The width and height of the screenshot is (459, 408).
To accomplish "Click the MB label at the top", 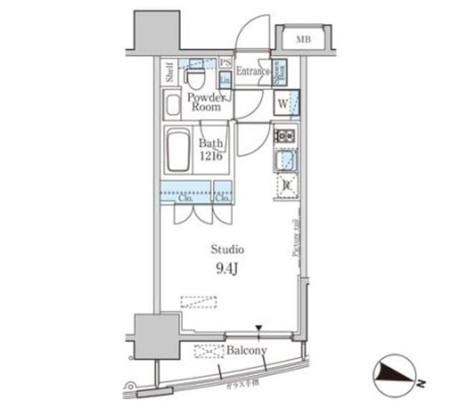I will click(304, 39).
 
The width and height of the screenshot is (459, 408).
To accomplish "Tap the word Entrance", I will click(252, 71).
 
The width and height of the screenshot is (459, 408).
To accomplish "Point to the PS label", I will click(224, 63).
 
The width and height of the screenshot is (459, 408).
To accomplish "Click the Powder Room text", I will click(205, 103).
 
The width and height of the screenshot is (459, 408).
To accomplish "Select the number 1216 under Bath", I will click(210, 156).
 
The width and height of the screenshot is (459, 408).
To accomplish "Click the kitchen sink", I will click(285, 161).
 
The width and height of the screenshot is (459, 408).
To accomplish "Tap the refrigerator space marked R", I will click(286, 185).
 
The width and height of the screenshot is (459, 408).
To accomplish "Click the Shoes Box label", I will click(281, 72).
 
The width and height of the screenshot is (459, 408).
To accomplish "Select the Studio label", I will click(227, 250).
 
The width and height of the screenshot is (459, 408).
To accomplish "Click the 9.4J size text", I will click(227, 270).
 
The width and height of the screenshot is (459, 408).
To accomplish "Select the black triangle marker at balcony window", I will click(259, 329).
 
